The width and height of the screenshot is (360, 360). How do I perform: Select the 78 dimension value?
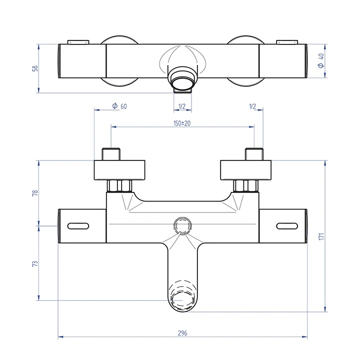coord(34,193)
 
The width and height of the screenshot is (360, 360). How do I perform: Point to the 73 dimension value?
coord(34,263)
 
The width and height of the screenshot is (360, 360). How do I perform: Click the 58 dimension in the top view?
coord(34,68)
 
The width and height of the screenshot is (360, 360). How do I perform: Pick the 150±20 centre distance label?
coord(182,123)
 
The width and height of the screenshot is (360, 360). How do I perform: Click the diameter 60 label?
coord(119,106)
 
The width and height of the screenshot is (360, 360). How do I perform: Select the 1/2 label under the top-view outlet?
coord(182,106)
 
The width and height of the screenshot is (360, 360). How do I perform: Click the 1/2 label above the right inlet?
coord(252,106)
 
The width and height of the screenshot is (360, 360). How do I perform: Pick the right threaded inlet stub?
coord(253,154)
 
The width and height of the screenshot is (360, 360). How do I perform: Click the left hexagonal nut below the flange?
coord(119,186)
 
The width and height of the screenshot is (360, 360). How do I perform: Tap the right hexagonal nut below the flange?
coord(245,186)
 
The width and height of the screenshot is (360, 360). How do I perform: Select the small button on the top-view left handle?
coord(78,41)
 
